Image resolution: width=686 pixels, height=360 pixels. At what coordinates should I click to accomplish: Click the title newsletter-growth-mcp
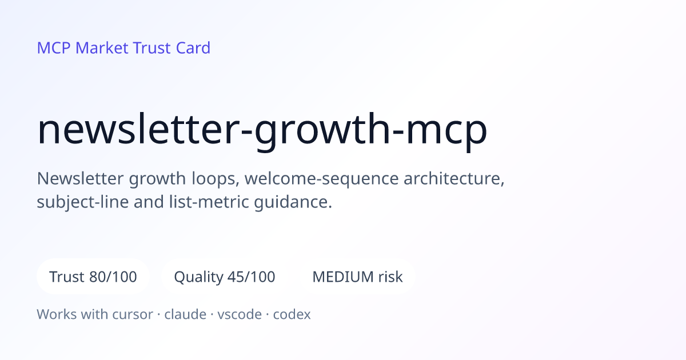[x=262, y=131]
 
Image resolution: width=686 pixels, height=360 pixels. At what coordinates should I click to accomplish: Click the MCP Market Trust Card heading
[x=123, y=48]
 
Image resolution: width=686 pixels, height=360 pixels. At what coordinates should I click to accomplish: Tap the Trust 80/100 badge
[x=93, y=277]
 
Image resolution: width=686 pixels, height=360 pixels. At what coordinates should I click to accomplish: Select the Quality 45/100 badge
[x=225, y=277]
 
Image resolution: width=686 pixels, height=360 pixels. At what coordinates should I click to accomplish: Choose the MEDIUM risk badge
[x=357, y=277]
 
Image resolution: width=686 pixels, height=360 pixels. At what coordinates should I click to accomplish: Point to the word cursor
[x=133, y=314]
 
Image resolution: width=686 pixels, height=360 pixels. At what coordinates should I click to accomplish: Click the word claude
[x=185, y=314]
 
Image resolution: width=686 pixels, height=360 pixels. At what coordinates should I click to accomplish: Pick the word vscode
[x=240, y=314]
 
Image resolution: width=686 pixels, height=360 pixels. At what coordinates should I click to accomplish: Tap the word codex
[x=292, y=314]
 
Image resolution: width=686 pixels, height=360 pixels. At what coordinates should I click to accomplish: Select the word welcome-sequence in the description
[x=321, y=179]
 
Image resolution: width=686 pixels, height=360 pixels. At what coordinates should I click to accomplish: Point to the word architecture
[x=454, y=178]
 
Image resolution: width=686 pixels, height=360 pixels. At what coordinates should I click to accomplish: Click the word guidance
[x=293, y=203]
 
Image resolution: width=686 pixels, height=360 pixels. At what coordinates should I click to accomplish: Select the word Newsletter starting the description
[x=81, y=178]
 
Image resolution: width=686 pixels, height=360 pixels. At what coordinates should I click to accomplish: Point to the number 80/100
[x=113, y=277]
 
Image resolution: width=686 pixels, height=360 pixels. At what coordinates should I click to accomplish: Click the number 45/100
[x=252, y=277]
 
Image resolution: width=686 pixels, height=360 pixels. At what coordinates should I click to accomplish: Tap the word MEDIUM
[x=342, y=277]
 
